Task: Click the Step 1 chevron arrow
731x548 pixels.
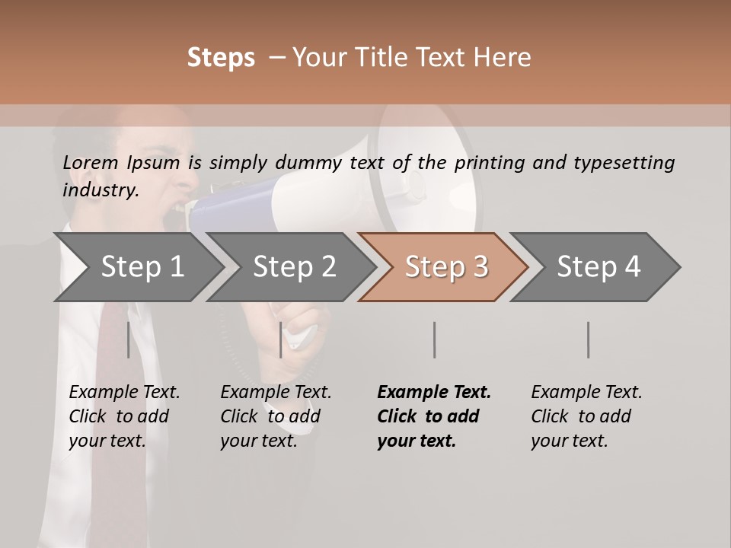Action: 142,267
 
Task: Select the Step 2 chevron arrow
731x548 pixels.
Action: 294,267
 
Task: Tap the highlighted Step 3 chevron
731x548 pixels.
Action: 445,267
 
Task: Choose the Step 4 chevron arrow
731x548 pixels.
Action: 598,267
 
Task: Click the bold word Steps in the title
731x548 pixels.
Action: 221,58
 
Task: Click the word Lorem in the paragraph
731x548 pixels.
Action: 91,162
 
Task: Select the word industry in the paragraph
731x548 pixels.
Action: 100,190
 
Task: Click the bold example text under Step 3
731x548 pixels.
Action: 433,416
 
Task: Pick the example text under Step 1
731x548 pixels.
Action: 124,416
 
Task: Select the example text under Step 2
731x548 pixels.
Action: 276,416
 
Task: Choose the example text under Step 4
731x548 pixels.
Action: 586,416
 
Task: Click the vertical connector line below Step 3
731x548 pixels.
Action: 434,339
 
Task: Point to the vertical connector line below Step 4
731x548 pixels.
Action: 588,339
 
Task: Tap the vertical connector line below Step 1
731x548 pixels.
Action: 128,339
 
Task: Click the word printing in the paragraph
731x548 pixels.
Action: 487,163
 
